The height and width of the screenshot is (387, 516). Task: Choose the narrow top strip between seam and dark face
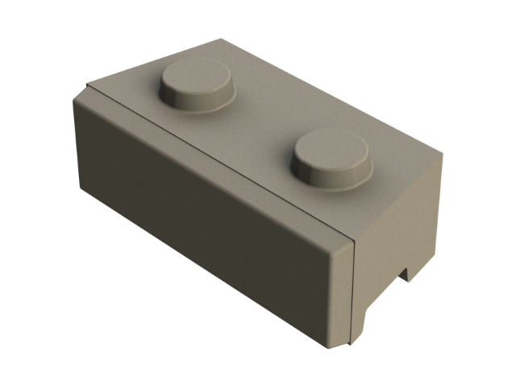[x=202, y=161]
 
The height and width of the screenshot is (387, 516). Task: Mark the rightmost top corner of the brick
[x=444, y=152]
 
